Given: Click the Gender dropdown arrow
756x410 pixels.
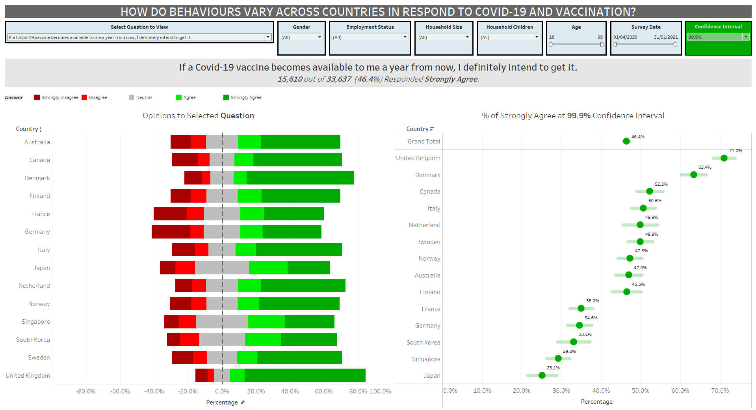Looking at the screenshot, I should point(319,37).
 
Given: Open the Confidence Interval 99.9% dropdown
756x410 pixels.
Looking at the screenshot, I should point(745,37).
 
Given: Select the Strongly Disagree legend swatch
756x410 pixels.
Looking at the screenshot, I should point(37,97).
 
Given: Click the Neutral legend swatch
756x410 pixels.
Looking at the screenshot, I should point(132,97).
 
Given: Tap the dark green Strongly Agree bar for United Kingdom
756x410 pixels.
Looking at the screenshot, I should point(305,375).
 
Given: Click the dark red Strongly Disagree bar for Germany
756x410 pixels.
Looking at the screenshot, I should point(171,232).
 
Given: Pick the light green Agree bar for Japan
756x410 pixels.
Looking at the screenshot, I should point(268,268).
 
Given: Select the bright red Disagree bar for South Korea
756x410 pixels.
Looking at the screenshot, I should point(189,339).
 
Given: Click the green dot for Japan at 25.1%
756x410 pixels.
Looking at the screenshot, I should point(542,375).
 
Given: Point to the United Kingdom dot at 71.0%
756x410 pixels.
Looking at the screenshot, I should point(724,158).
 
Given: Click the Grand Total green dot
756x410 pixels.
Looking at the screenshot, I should point(626,141).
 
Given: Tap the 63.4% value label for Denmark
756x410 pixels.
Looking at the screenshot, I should point(705,167).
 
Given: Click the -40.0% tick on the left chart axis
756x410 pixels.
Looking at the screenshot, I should point(154,391).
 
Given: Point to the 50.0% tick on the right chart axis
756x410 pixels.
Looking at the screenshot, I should point(641,391).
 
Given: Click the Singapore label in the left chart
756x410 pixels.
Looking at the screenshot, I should point(36,322).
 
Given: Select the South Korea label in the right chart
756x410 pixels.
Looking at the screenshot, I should point(424,342).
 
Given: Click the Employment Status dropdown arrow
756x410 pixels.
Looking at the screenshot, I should point(405,37).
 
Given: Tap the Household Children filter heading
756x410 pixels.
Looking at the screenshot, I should point(509,27).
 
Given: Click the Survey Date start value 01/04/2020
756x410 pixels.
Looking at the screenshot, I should point(625,37).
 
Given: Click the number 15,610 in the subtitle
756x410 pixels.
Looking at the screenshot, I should point(290,79).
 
